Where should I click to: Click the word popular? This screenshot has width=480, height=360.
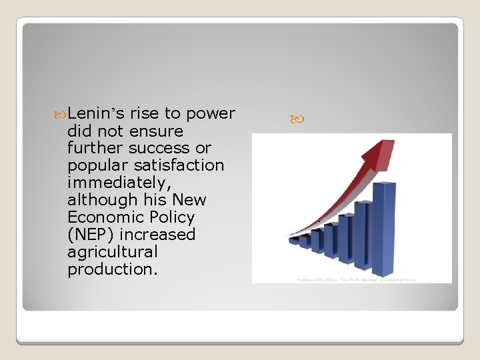point(93,165)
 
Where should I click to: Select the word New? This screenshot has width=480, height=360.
point(189,200)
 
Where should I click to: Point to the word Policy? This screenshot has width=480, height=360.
point(172,217)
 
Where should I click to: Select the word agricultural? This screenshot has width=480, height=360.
point(113,252)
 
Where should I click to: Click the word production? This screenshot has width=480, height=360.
point(110,269)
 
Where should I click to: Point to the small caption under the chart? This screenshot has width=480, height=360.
point(357,280)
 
